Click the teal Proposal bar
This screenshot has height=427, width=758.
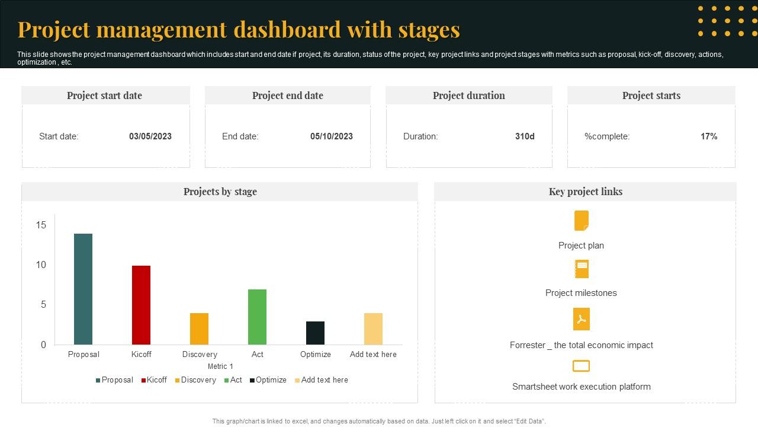(x=83, y=289)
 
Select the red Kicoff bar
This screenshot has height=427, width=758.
(x=141, y=305)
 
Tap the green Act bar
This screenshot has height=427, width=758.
(x=257, y=317)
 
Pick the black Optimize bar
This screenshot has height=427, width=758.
(x=315, y=333)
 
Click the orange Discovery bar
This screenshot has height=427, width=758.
(x=199, y=329)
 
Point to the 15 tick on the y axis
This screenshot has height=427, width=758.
(x=41, y=225)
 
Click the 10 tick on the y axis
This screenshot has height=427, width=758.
(x=41, y=265)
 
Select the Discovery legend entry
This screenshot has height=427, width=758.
(x=195, y=380)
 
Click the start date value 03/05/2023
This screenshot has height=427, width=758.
(x=150, y=136)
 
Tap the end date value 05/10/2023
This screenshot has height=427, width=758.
(x=332, y=136)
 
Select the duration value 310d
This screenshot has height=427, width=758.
(x=525, y=136)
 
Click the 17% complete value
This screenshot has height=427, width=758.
(x=709, y=136)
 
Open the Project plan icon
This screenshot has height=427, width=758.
(x=582, y=221)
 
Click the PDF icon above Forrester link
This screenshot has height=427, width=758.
(x=582, y=319)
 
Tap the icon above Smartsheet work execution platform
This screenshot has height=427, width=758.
(x=582, y=366)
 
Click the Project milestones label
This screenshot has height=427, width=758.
(x=581, y=293)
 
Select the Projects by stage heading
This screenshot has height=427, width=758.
(x=220, y=192)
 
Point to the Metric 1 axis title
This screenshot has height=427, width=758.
(x=220, y=367)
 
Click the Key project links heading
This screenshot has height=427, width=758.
(x=586, y=192)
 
